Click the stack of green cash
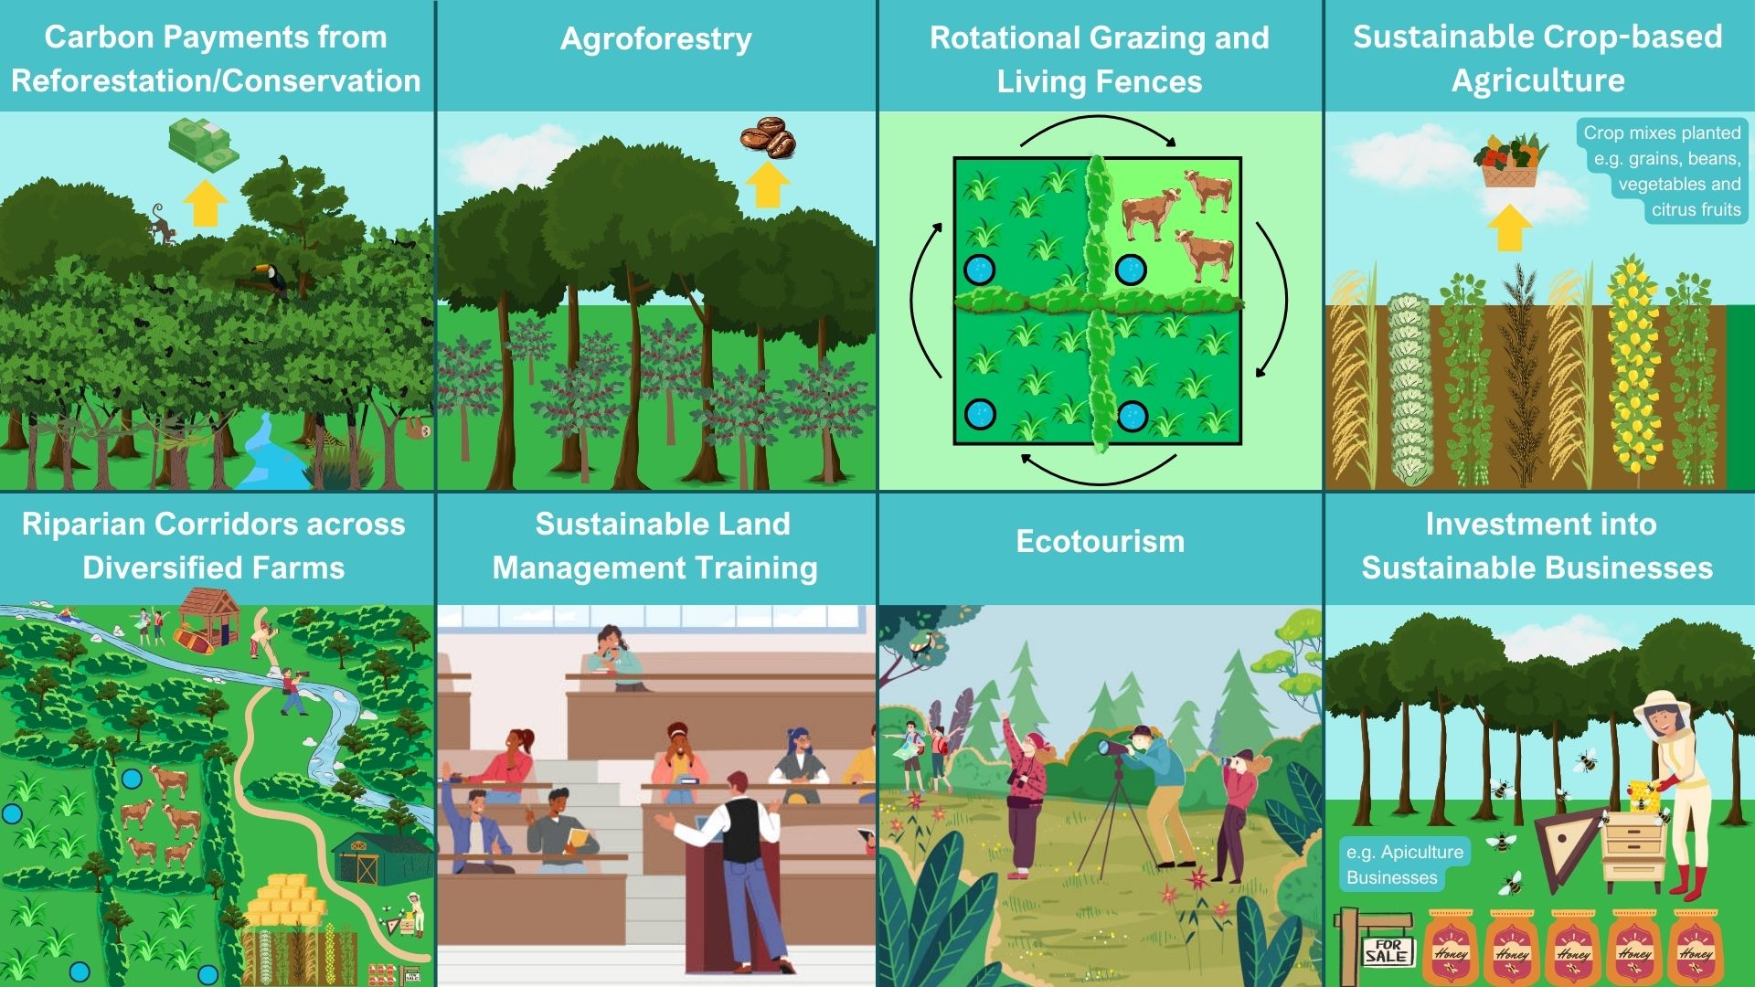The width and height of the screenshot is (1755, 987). [203, 145]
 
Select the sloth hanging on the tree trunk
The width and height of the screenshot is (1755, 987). [417, 428]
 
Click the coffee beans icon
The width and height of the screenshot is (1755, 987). [768, 138]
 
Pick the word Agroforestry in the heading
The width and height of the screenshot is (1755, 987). [656, 38]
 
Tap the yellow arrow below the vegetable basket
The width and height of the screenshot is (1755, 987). [1510, 228]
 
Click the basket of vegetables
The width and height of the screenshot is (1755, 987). [1511, 161]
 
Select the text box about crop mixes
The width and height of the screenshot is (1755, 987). [1661, 171]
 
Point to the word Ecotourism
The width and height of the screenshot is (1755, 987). [1100, 541]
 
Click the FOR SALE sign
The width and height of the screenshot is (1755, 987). [1387, 950]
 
